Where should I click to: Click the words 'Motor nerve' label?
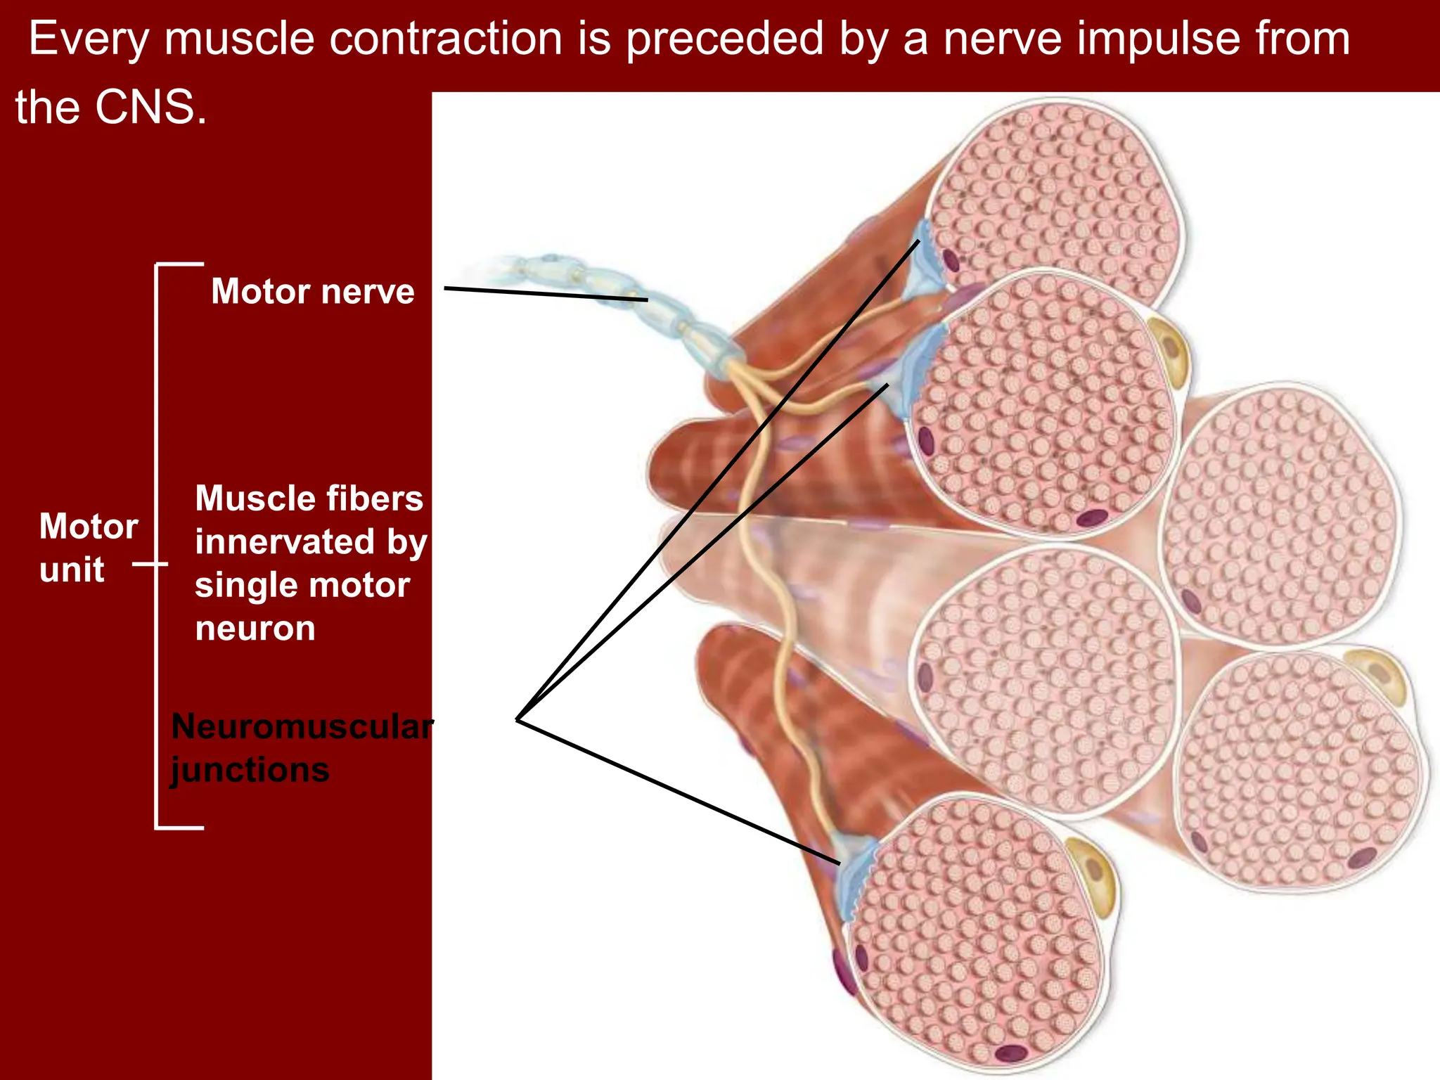pyautogui.click(x=312, y=291)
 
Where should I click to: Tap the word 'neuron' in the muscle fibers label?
pyautogui.click(x=255, y=629)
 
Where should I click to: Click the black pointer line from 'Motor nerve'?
pyautogui.click(x=545, y=294)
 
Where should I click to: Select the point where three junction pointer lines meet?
pyautogui.click(x=517, y=719)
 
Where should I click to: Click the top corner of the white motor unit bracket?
pyautogui.click(x=157, y=265)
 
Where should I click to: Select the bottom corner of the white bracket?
pyautogui.click(x=157, y=827)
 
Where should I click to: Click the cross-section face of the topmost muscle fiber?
pyautogui.click(x=1055, y=197)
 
